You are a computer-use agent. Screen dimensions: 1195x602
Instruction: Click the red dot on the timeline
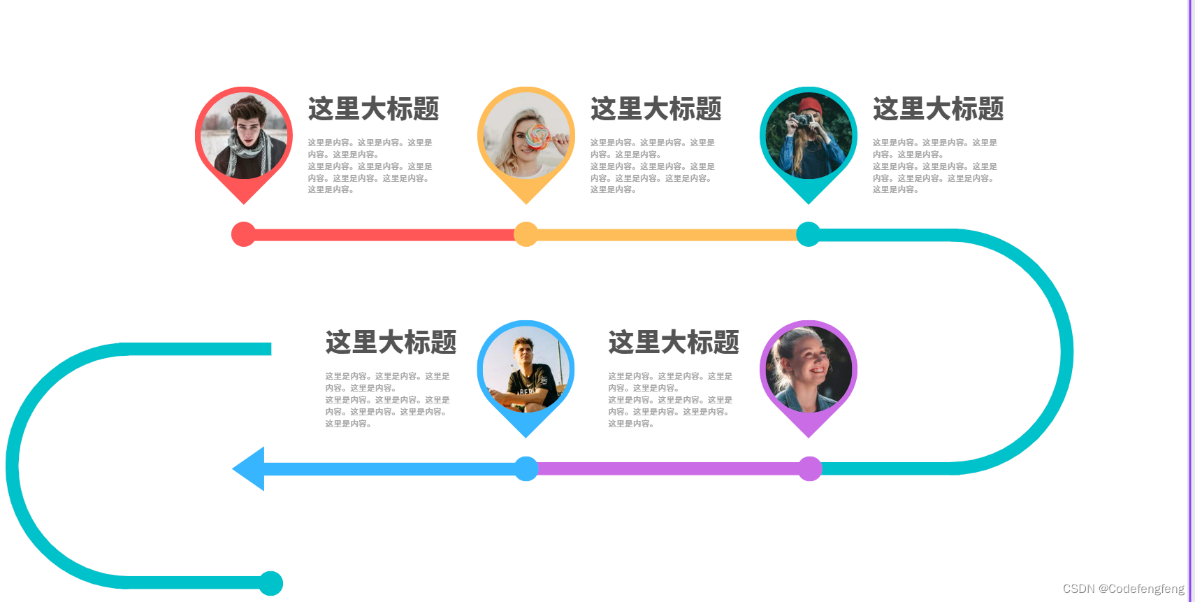coord(243,234)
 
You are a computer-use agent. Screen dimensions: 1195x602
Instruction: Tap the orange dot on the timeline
coord(526,234)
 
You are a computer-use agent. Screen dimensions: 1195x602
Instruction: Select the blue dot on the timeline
coord(526,468)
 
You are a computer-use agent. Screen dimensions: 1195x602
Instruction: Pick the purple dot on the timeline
coord(810,468)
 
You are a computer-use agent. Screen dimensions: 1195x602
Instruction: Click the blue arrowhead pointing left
coord(249,468)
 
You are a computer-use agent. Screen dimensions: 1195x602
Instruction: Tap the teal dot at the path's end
coord(270,583)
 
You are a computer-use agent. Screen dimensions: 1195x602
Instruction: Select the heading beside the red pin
coord(373,109)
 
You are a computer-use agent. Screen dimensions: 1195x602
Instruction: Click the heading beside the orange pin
coord(656,109)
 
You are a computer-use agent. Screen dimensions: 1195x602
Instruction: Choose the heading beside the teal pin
coord(938,109)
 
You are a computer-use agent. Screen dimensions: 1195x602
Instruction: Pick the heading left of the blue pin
coord(391,343)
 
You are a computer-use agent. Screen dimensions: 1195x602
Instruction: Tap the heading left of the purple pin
coord(673,343)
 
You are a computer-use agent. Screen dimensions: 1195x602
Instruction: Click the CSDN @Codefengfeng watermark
coord(1123,589)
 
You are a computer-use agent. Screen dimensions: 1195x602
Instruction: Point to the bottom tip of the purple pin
coord(809,435)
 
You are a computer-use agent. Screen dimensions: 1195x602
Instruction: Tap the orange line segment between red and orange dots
coord(384,235)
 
